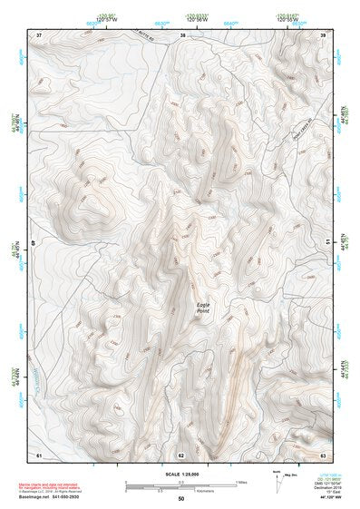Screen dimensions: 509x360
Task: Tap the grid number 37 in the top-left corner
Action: (39, 34)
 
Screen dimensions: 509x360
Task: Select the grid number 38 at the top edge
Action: (182, 34)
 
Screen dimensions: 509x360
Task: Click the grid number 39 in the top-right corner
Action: (323, 34)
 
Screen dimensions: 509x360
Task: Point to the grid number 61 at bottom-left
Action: (39, 454)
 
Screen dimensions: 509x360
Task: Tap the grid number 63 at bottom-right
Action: (323, 454)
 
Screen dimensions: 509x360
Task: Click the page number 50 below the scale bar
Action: (180, 498)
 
